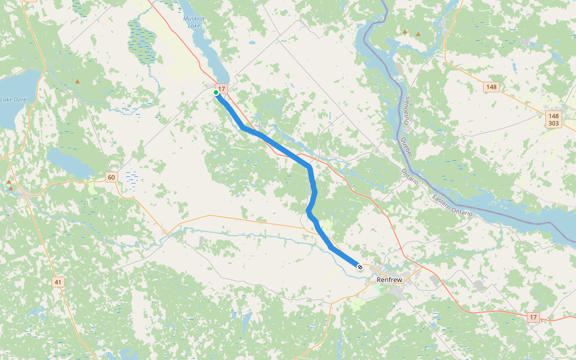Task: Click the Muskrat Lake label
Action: click(x=193, y=22)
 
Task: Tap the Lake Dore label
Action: click(x=13, y=98)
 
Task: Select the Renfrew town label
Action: click(x=389, y=280)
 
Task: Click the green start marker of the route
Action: click(x=216, y=92)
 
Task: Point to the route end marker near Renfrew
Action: click(x=359, y=267)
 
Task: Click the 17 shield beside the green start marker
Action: click(x=222, y=89)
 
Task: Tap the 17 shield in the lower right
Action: click(x=533, y=317)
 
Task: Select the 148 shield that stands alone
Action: click(x=492, y=87)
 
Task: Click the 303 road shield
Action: click(x=553, y=123)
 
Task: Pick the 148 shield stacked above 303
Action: click(x=553, y=115)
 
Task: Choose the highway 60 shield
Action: click(x=110, y=177)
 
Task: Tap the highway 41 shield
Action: click(x=58, y=281)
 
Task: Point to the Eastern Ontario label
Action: click(x=452, y=205)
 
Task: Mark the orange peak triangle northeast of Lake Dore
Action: click(x=77, y=81)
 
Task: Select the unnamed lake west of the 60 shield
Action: click(x=69, y=162)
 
